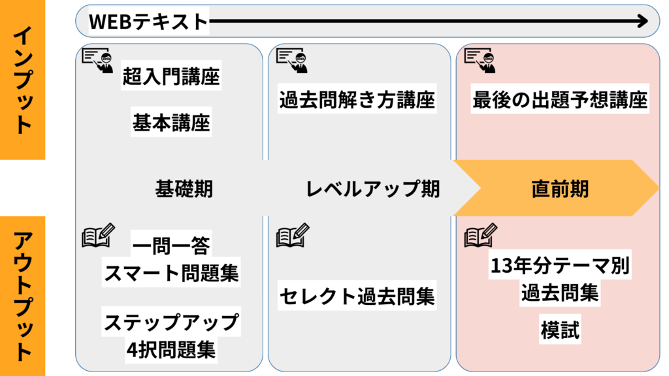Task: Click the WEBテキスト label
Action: pyautogui.click(x=148, y=22)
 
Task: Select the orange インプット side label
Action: pyautogui.click(x=23, y=80)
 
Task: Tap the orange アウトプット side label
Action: pyautogui.click(x=23, y=296)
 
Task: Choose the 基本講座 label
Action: pyautogui.click(x=171, y=122)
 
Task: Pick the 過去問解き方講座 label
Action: pyautogui.click(x=357, y=101)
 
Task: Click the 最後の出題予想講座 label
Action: pyautogui.click(x=560, y=101)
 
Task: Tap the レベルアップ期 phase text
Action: pyautogui.click(x=372, y=189)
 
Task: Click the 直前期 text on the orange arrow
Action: pyautogui.click(x=560, y=189)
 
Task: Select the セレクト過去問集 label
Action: pyautogui.click(x=357, y=296)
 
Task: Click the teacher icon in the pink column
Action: pyautogui.click(x=480, y=60)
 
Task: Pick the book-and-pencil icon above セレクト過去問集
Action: pyautogui.click(x=293, y=236)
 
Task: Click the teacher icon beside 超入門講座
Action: pyautogui.click(x=97, y=60)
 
